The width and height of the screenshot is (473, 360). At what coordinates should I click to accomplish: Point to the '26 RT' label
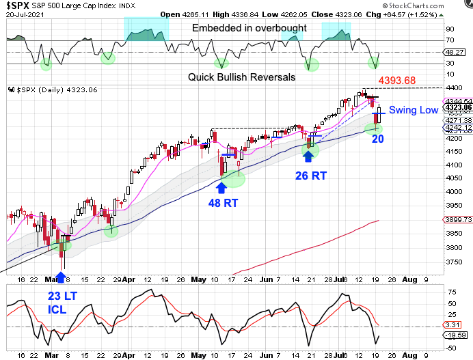coord(310,176)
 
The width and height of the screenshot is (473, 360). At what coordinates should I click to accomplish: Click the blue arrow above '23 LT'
coord(60,277)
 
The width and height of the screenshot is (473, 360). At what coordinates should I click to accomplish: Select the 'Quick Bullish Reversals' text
coord(242,77)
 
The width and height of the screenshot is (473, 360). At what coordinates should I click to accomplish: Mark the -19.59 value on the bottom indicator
coord(457,335)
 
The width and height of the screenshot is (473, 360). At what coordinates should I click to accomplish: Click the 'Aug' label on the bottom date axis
coord(407,355)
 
